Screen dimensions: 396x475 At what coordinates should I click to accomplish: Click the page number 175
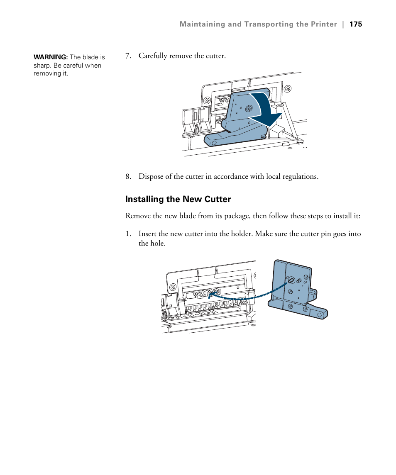356,24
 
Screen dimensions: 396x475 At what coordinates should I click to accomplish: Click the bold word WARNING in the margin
51,57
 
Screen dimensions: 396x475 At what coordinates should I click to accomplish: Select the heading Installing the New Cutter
178,199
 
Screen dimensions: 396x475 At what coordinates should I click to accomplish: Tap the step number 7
128,56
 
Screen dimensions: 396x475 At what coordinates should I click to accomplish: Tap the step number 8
128,176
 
